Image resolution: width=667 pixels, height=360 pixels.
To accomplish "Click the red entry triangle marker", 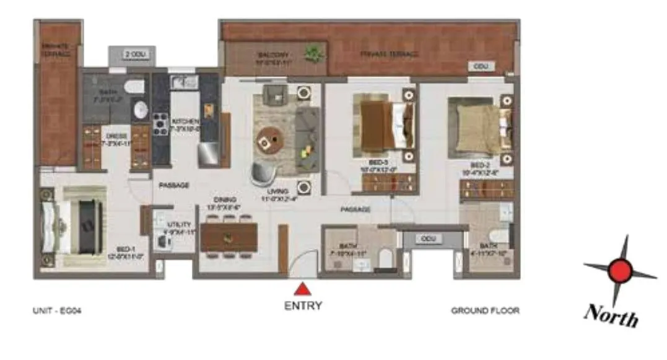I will point(302,288).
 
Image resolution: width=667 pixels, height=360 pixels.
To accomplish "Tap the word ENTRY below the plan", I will point(302,305).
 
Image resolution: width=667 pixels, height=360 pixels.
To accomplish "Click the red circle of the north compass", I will point(620,271).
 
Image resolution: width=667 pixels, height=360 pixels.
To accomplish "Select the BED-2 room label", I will point(480,165).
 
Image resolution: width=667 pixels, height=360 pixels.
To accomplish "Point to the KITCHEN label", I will point(185,121).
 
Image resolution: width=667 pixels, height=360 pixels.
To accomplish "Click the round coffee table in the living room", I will point(269,140).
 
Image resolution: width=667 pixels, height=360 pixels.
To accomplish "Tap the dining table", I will point(229,237).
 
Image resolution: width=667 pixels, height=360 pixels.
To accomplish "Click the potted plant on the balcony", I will point(313,53).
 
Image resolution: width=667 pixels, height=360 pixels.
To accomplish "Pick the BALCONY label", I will point(270,55).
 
